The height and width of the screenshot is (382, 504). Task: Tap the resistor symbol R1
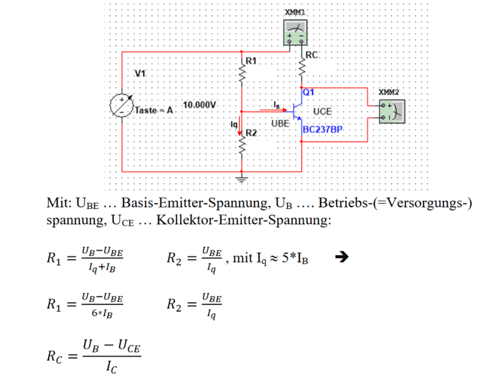(243, 74)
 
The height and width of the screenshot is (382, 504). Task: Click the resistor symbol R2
(243, 147)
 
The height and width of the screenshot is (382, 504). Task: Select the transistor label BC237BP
(323, 129)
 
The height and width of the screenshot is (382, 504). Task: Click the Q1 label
(309, 92)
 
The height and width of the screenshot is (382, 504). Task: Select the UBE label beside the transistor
(280, 123)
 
